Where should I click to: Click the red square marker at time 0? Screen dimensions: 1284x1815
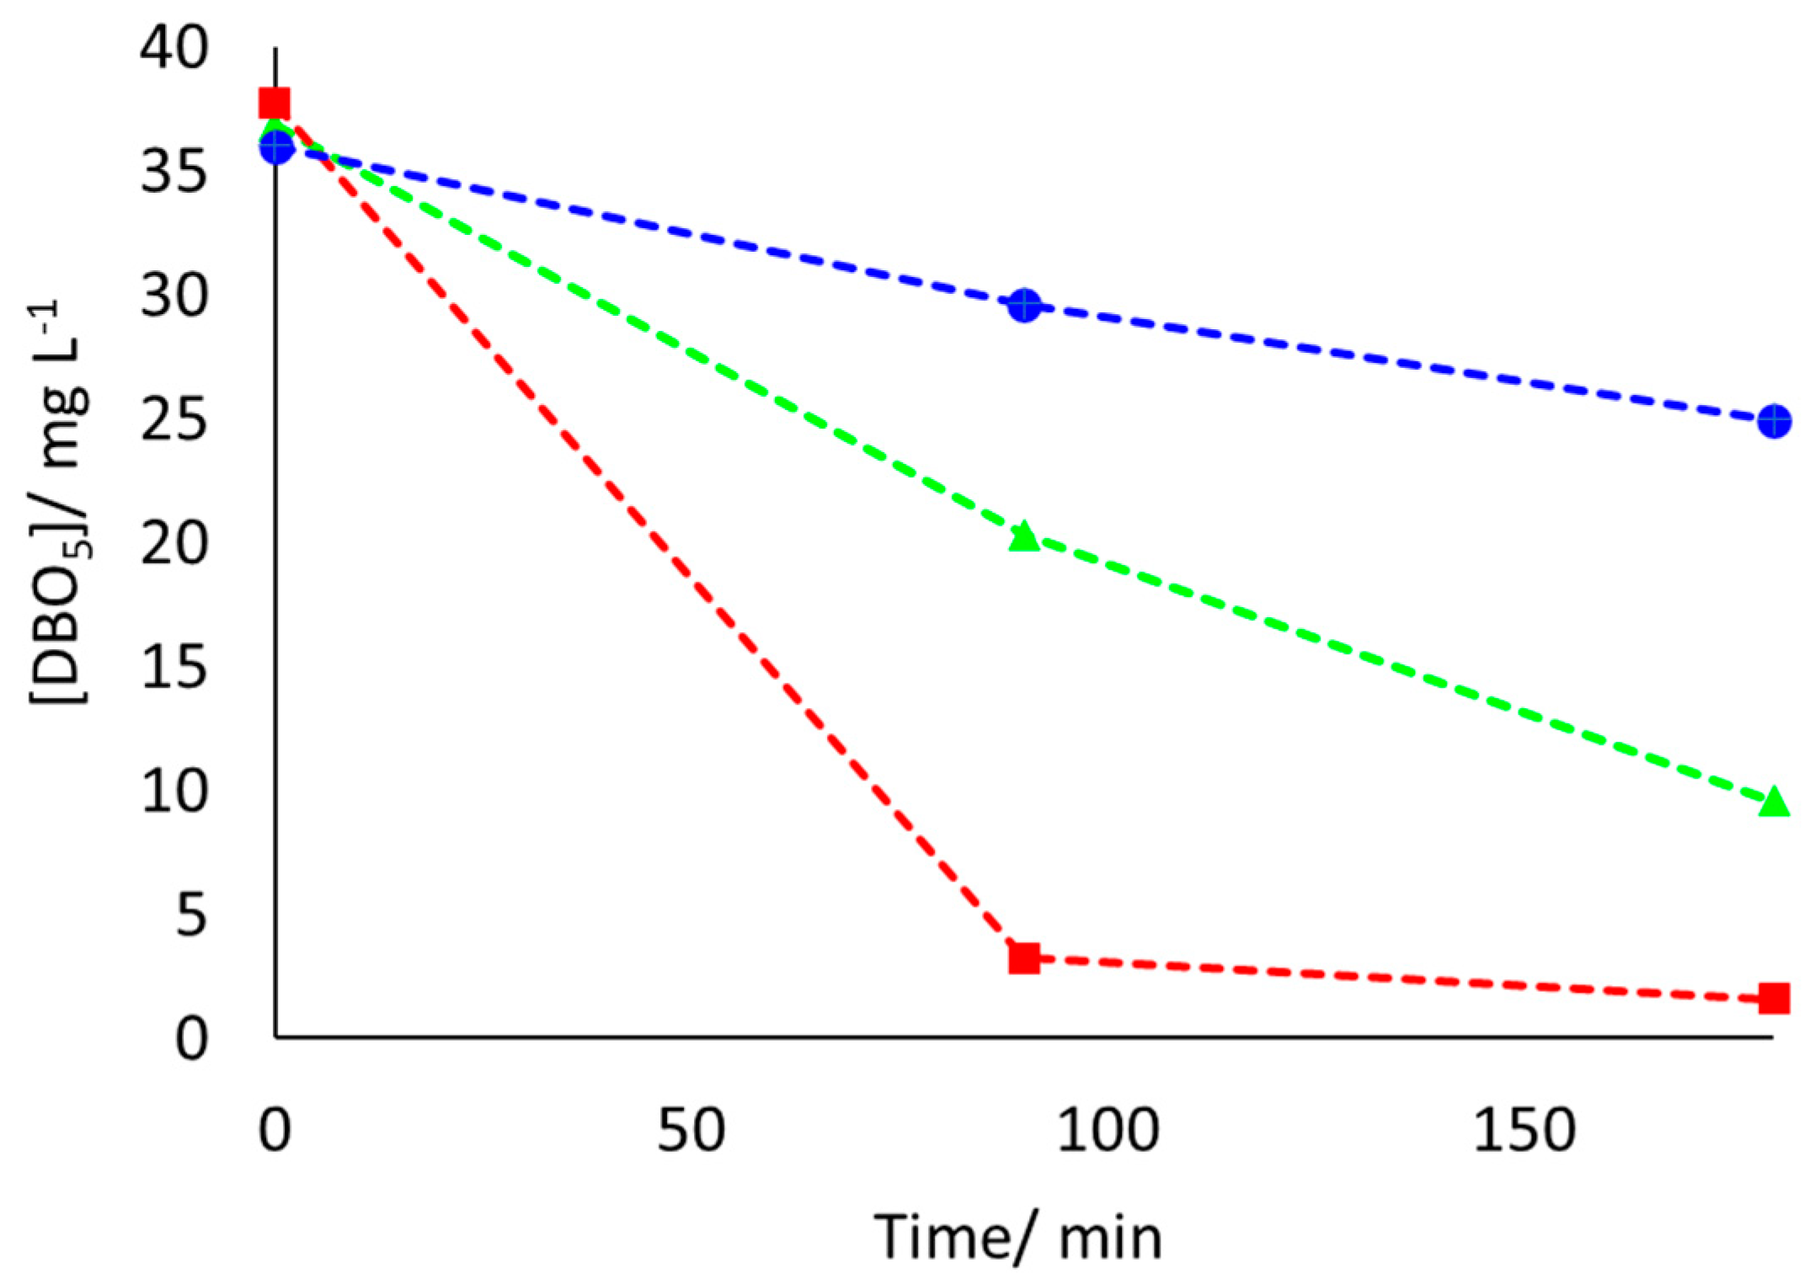275,104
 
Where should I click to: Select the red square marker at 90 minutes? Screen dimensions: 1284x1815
1024,957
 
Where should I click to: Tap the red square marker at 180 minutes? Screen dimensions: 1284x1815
1774,999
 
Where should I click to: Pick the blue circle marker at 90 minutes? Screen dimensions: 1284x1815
1024,305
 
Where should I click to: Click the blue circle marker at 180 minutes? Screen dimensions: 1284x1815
1774,420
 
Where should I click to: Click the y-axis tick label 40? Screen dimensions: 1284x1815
173,47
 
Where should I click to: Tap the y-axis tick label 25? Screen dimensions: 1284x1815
173,419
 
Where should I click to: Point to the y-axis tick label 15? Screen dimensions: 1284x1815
173,668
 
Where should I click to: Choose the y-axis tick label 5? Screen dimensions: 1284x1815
191,915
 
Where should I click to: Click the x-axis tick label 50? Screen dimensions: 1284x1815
691,1130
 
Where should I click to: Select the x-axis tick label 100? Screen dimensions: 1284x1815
1108,1130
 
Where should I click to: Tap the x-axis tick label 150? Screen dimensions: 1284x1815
1524,1130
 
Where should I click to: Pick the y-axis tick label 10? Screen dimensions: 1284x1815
173,791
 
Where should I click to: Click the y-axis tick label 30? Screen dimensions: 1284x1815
173,296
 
